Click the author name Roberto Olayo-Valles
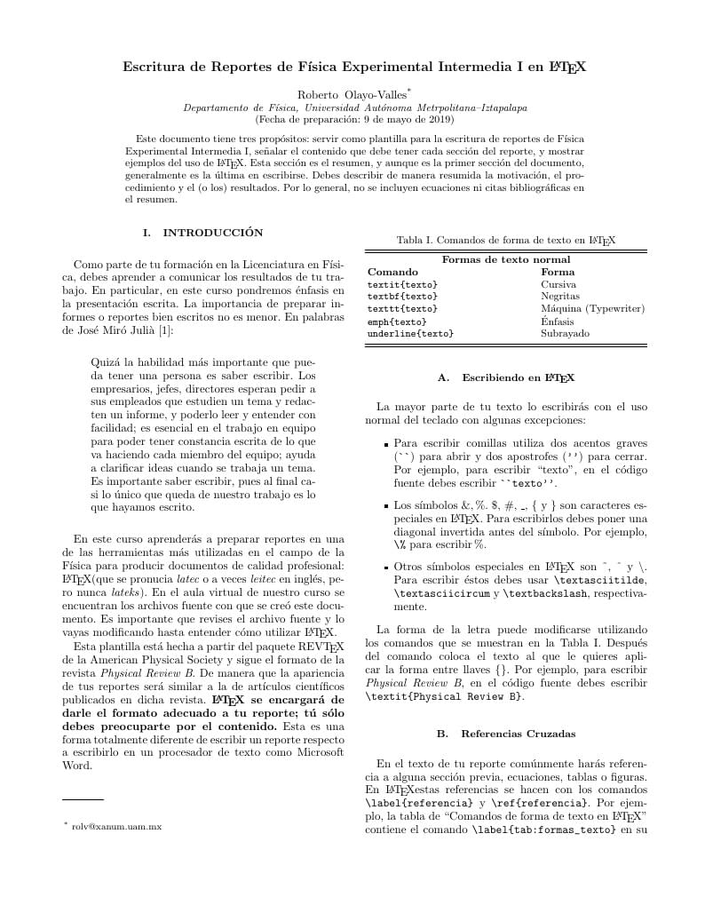[x=352, y=93]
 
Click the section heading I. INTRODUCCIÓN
[x=203, y=233]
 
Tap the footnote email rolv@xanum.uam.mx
[x=115, y=826]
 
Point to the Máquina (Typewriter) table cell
[x=592, y=308]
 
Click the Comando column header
[x=392, y=272]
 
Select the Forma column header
[x=558, y=272]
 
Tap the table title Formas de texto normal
[x=506, y=259]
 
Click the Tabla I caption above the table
[x=506, y=240]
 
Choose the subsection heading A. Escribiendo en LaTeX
[x=506, y=377]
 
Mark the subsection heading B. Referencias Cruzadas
[x=506, y=734]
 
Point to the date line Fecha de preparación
[x=353, y=118]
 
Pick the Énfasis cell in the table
[x=558, y=321]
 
